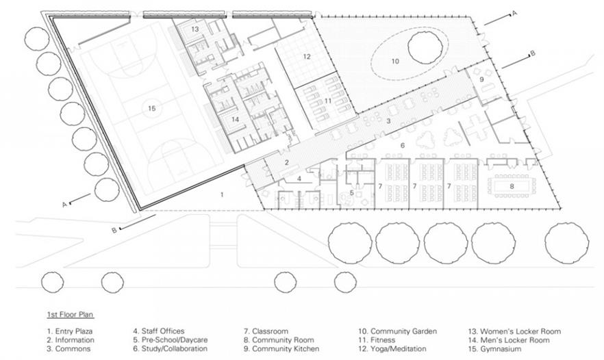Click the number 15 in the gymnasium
pyautogui.click(x=152, y=109)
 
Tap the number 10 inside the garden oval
pyautogui.click(x=395, y=61)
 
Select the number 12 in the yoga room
pyautogui.click(x=307, y=57)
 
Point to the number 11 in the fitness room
pyautogui.click(x=328, y=101)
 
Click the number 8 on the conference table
pyautogui.click(x=512, y=186)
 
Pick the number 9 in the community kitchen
pyautogui.click(x=481, y=79)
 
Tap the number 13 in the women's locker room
pyautogui.click(x=195, y=29)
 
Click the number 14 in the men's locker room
pyautogui.click(x=235, y=120)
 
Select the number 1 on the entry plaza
pyautogui.click(x=222, y=195)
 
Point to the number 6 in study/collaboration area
pyautogui.click(x=403, y=146)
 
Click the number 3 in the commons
pyautogui.click(x=389, y=121)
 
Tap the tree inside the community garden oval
pyautogui.click(x=425, y=48)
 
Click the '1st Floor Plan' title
pyautogui.click(x=70, y=315)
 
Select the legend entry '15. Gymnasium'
pyautogui.click(x=495, y=349)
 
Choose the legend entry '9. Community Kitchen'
pyautogui.click(x=281, y=349)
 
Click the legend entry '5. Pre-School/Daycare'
pyautogui.click(x=171, y=340)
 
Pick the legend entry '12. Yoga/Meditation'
pyautogui.click(x=392, y=349)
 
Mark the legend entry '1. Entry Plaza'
pyautogui.click(x=70, y=331)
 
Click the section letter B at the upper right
pyautogui.click(x=533, y=53)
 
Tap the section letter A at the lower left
pyautogui.click(x=64, y=205)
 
